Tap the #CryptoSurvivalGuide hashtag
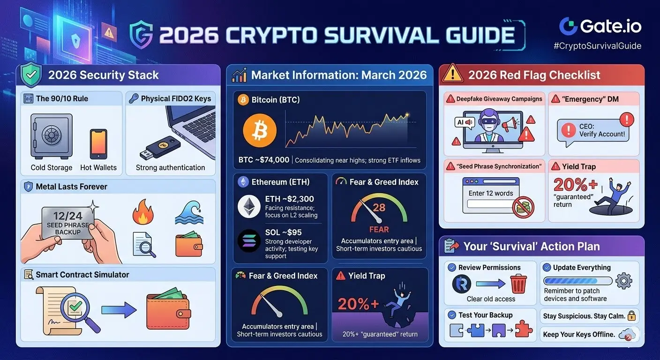click(x=598, y=46)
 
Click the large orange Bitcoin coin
click(x=260, y=130)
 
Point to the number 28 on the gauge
click(x=379, y=208)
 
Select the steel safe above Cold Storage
click(x=52, y=136)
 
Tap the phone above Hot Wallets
click(x=98, y=144)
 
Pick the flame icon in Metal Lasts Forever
click(x=143, y=212)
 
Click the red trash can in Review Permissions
click(x=518, y=284)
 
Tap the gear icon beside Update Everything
click(x=624, y=281)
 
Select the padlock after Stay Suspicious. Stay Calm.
click(x=631, y=316)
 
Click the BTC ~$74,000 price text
click(x=264, y=160)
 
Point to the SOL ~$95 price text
click(x=284, y=232)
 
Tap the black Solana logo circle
click(x=249, y=240)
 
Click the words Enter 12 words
click(x=491, y=193)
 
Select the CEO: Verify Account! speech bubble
click(x=592, y=132)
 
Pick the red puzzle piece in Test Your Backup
click(x=523, y=329)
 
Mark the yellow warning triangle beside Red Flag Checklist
click(x=452, y=73)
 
